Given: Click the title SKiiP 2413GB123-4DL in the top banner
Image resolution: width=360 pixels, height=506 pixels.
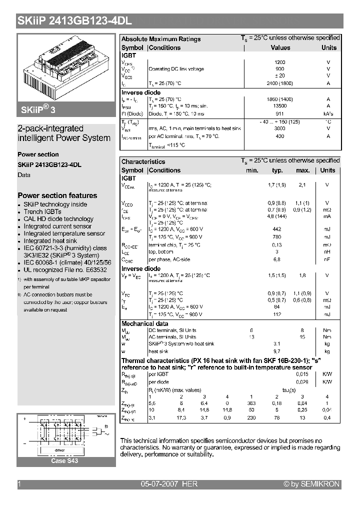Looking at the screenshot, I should click(x=75, y=21).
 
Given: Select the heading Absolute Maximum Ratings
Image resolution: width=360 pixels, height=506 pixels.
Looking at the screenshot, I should click(x=161, y=39).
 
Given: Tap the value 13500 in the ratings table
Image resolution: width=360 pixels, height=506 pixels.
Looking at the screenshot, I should click(x=280, y=106).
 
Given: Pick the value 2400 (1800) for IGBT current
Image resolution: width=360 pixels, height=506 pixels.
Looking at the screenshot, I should click(x=280, y=83).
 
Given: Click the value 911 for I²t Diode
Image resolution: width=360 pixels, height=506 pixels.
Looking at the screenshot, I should click(x=280, y=114).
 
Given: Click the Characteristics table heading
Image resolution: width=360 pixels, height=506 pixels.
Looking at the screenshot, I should click(x=143, y=161).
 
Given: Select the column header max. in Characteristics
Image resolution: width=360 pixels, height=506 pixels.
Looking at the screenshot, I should click(x=303, y=170).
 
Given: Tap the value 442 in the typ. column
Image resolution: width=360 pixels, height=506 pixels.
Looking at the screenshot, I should click(x=277, y=229).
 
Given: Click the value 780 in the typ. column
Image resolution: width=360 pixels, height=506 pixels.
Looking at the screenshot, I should click(x=277, y=237).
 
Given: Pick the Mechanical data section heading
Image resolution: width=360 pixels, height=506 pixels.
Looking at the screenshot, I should click(x=145, y=323).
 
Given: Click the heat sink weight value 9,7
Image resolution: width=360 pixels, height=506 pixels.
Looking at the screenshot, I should click(x=276, y=351).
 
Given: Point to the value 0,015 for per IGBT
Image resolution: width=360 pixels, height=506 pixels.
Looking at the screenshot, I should click(x=302, y=374).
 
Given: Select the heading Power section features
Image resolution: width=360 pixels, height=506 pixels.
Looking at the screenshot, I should click(x=57, y=195).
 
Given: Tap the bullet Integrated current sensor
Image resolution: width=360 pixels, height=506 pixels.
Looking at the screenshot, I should click(x=57, y=226).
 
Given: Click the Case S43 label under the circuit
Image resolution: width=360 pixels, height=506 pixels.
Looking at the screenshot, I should click(x=64, y=461).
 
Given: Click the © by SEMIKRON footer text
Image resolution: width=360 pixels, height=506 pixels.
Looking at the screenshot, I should click(x=311, y=484).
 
